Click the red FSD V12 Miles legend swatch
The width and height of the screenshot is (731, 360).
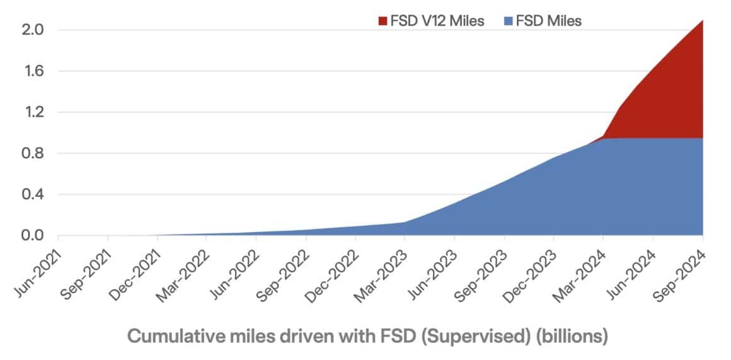(383, 21)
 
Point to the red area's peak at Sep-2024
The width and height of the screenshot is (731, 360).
(702, 21)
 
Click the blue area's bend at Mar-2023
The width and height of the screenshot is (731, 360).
(404, 222)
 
